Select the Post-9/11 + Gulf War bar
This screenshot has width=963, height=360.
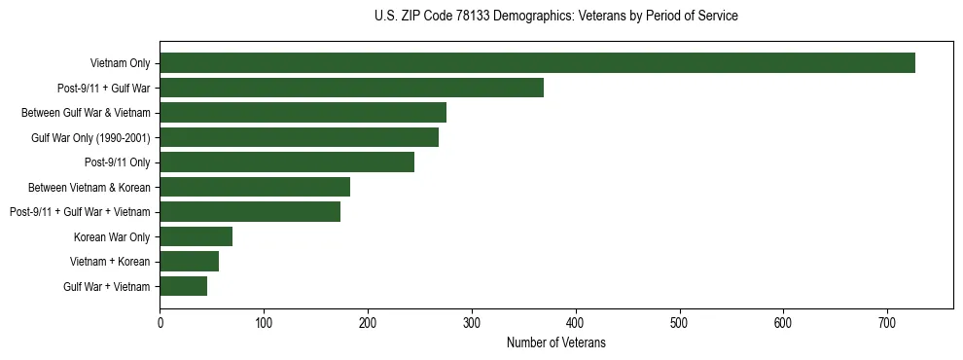pyautogui.click(x=351, y=88)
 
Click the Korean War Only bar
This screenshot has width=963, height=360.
pyautogui.click(x=196, y=236)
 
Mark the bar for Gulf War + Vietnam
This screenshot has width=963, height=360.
pyautogui.click(x=183, y=286)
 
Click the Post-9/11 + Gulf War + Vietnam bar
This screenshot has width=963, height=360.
pyautogui.click(x=250, y=211)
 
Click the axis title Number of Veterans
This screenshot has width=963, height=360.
pyautogui.click(x=555, y=342)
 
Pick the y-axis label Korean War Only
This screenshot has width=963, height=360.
pyautogui.click(x=112, y=236)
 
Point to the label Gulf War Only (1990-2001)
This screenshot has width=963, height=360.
pyautogui.click(x=90, y=137)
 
